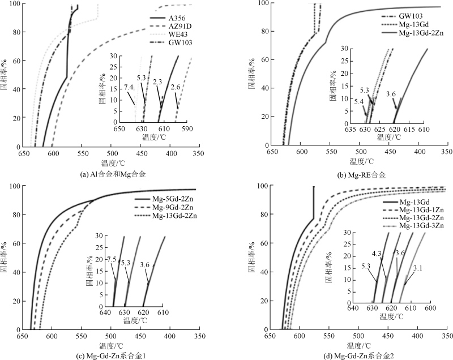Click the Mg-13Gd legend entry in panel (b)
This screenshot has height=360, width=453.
pos(416,25)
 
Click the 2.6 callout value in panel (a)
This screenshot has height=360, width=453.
pos(176,87)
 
